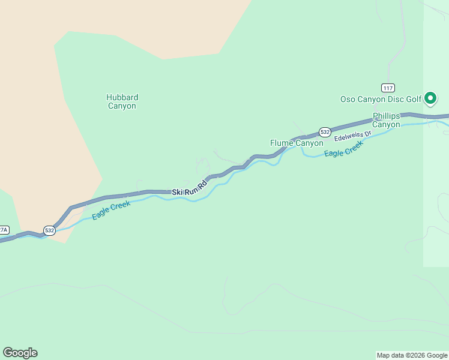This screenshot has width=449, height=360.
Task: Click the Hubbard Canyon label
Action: pyautogui.click(x=122, y=101)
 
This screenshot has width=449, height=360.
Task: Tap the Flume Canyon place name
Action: pyautogui.click(x=297, y=143)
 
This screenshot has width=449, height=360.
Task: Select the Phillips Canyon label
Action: pyautogui.click(x=386, y=120)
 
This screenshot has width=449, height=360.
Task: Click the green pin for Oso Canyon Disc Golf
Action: pyautogui.click(x=430, y=97)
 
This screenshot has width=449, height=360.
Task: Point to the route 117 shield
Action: pyautogui.click(x=387, y=88)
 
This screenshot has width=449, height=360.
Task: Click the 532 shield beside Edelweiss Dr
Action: pyautogui.click(x=325, y=131)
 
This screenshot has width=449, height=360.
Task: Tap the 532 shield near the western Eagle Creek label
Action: pyautogui.click(x=50, y=230)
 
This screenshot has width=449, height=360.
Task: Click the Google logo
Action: pyautogui.click(x=20, y=353)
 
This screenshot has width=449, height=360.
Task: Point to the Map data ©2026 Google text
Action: pyautogui.click(x=412, y=355)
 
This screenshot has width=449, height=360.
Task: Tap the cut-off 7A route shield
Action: pyautogui.click(x=4, y=230)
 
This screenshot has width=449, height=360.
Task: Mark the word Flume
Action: pyautogui.click(x=281, y=143)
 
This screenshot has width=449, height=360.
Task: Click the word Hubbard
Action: pyautogui.click(x=122, y=97)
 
